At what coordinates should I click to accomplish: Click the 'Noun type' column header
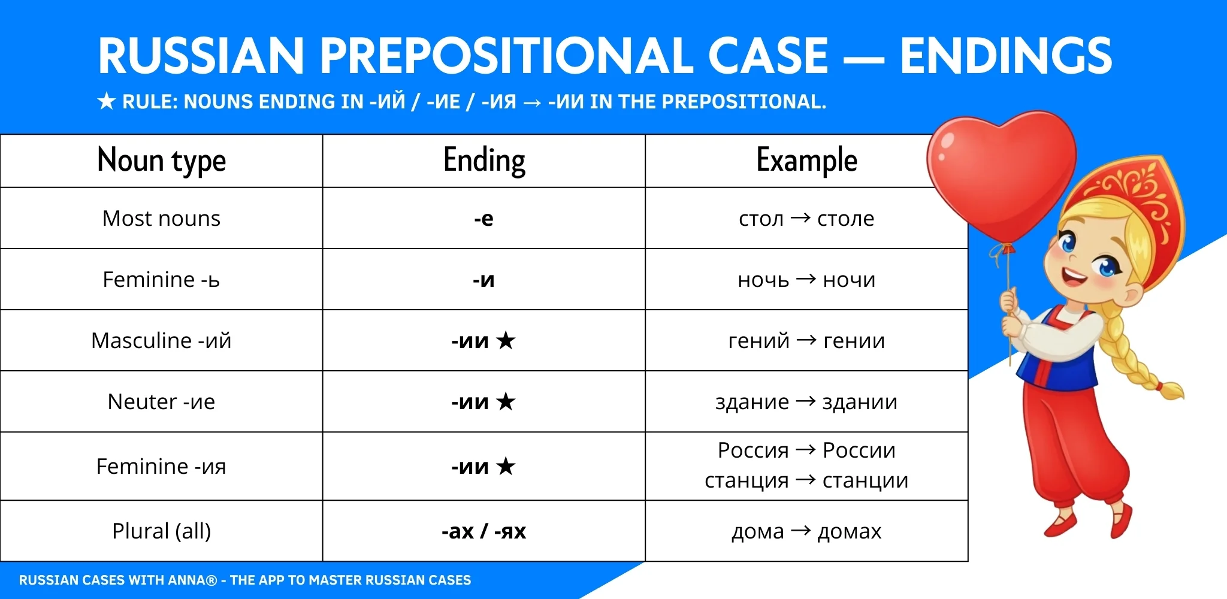161,161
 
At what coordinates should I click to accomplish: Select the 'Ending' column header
484,161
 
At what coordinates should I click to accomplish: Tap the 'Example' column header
806,161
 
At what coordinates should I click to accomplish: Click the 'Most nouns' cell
161,219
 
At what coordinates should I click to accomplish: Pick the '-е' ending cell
483,219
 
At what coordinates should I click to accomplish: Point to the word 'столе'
845,219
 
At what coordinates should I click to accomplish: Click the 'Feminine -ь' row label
161,280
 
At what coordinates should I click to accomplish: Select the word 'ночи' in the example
849,280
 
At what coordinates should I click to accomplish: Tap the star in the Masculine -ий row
506,341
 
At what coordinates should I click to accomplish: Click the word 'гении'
854,341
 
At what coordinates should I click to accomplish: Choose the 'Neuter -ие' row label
161,402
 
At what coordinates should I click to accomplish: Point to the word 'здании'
860,402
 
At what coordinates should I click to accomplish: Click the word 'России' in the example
859,450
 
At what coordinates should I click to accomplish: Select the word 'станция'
747,480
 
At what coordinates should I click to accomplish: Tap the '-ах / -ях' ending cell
483,531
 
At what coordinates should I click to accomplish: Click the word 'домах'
849,531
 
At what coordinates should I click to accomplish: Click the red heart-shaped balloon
999,171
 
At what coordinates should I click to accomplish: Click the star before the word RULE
106,102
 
